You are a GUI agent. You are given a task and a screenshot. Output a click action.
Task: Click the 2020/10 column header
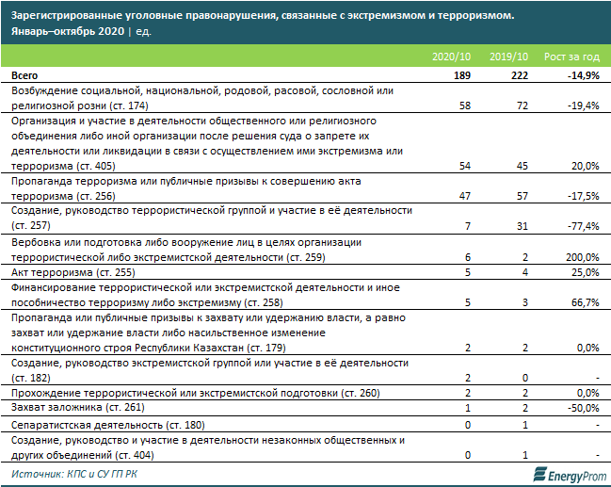tap(450, 57)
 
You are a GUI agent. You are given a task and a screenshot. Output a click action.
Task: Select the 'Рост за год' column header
tap(571, 57)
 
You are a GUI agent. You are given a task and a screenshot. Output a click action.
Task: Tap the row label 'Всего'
tap(25, 74)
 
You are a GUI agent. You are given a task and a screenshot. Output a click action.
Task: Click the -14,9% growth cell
tap(583, 74)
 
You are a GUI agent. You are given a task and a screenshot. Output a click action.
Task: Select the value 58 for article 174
tap(463, 106)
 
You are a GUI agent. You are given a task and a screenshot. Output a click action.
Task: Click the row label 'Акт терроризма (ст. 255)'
tap(65, 272)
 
